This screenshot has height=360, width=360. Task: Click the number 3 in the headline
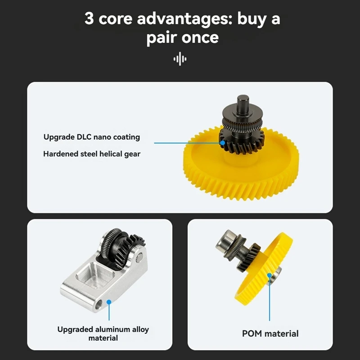click(90, 20)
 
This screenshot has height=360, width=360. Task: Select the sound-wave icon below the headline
click(180, 59)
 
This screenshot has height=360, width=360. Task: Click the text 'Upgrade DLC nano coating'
click(92, 137)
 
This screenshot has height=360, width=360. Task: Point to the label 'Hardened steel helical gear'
click(92, 154)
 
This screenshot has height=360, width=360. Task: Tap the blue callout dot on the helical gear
click(222, 143)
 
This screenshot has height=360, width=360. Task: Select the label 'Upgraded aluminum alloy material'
click(103, 333)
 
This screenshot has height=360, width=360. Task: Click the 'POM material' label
click(270, 333)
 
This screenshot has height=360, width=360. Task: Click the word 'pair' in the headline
click(163, 38)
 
